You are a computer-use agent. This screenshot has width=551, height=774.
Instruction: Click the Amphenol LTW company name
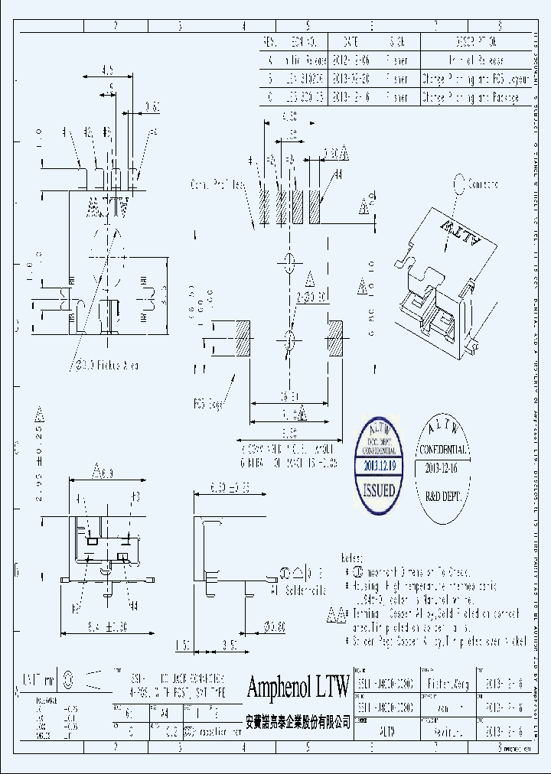coord(298,688)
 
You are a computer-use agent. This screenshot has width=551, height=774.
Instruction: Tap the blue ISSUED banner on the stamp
coord(378,489)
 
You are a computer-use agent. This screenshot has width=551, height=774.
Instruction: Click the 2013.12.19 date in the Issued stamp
coord(380,464)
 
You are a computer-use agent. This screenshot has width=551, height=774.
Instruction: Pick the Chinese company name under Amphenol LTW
coord(298,721)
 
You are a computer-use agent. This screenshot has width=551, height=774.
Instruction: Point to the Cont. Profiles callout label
coord(217,184)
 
